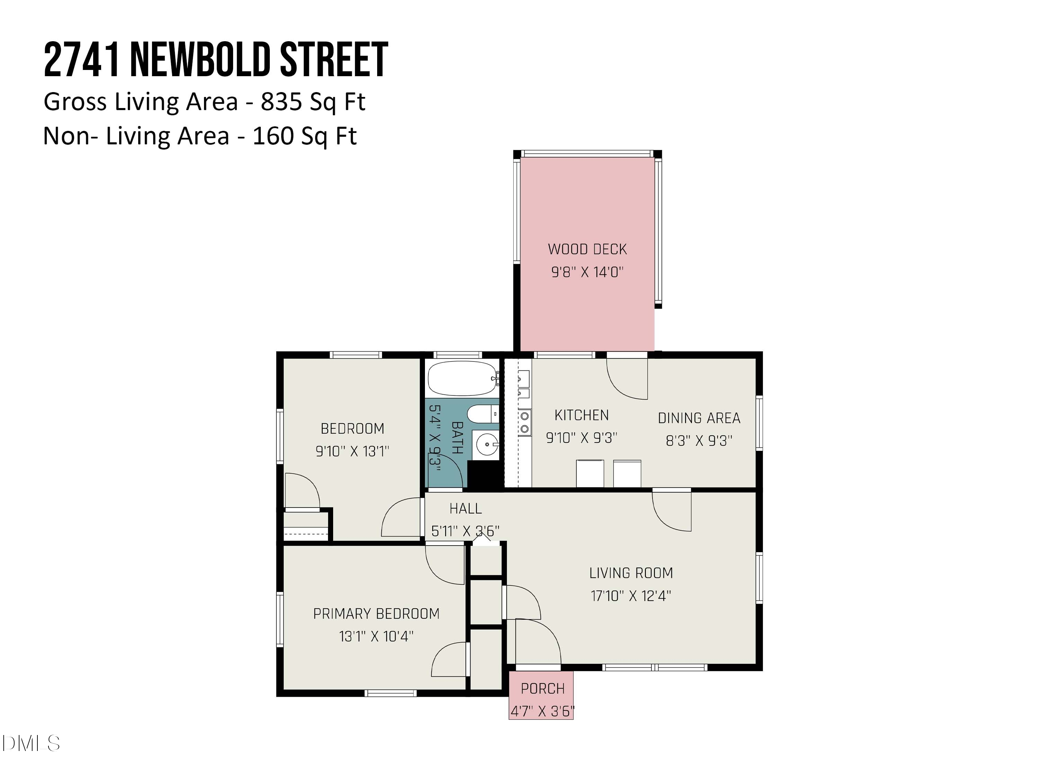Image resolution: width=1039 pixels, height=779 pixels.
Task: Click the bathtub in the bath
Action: pyautogui.click(x=462, y=378)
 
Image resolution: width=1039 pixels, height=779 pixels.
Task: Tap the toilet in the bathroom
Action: pyautogui.click(x=481, y=414)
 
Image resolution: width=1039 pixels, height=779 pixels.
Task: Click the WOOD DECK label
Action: pyautogui.click(x=587, y=249)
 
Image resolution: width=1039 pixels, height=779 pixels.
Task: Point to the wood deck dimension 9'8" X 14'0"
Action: pyautogui.click(x=587, y=272)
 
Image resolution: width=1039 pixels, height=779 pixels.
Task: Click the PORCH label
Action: pyautogui.click(x=542, y=688)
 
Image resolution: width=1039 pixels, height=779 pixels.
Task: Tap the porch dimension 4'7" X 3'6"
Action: pyautogui.click(x=542, y=711)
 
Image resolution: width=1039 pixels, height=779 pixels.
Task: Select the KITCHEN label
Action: pyautogui.click(x=581, y=415)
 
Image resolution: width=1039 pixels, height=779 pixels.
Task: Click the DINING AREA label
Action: pyautogui.click(x=699, y=418)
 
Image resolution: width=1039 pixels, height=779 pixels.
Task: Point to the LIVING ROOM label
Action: pyautogui.click(x=631, y=573)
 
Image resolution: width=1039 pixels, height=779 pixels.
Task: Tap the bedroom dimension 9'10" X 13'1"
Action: pyautogui.click(x=352, y=451)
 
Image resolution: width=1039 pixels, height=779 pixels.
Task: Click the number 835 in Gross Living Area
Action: pyautogui.click(x=281, y=101)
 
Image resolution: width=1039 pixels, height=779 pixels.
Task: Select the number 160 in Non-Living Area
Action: pyautogui.click(x=273, y=136)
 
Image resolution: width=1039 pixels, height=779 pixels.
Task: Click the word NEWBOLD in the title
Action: pyautogui.click(x=201, y=60)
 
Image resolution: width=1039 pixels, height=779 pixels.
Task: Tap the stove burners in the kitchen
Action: pyautogui.click(x=525, y=422)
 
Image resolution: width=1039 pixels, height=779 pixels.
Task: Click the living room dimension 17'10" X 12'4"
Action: pyautogui.click(x=631, y=596)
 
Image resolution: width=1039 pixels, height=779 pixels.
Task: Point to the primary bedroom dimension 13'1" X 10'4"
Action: pyautogui.click(x=376, y=636)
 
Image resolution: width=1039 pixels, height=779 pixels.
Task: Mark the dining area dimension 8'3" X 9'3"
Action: pyautogui.click(x=699, y=440)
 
